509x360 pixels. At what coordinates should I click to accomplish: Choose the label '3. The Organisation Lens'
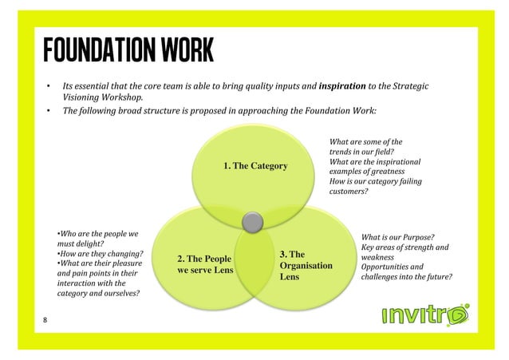point(306,266)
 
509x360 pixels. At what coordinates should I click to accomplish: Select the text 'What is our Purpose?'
point(398,237)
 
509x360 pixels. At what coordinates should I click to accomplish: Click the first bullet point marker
point(47,85)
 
